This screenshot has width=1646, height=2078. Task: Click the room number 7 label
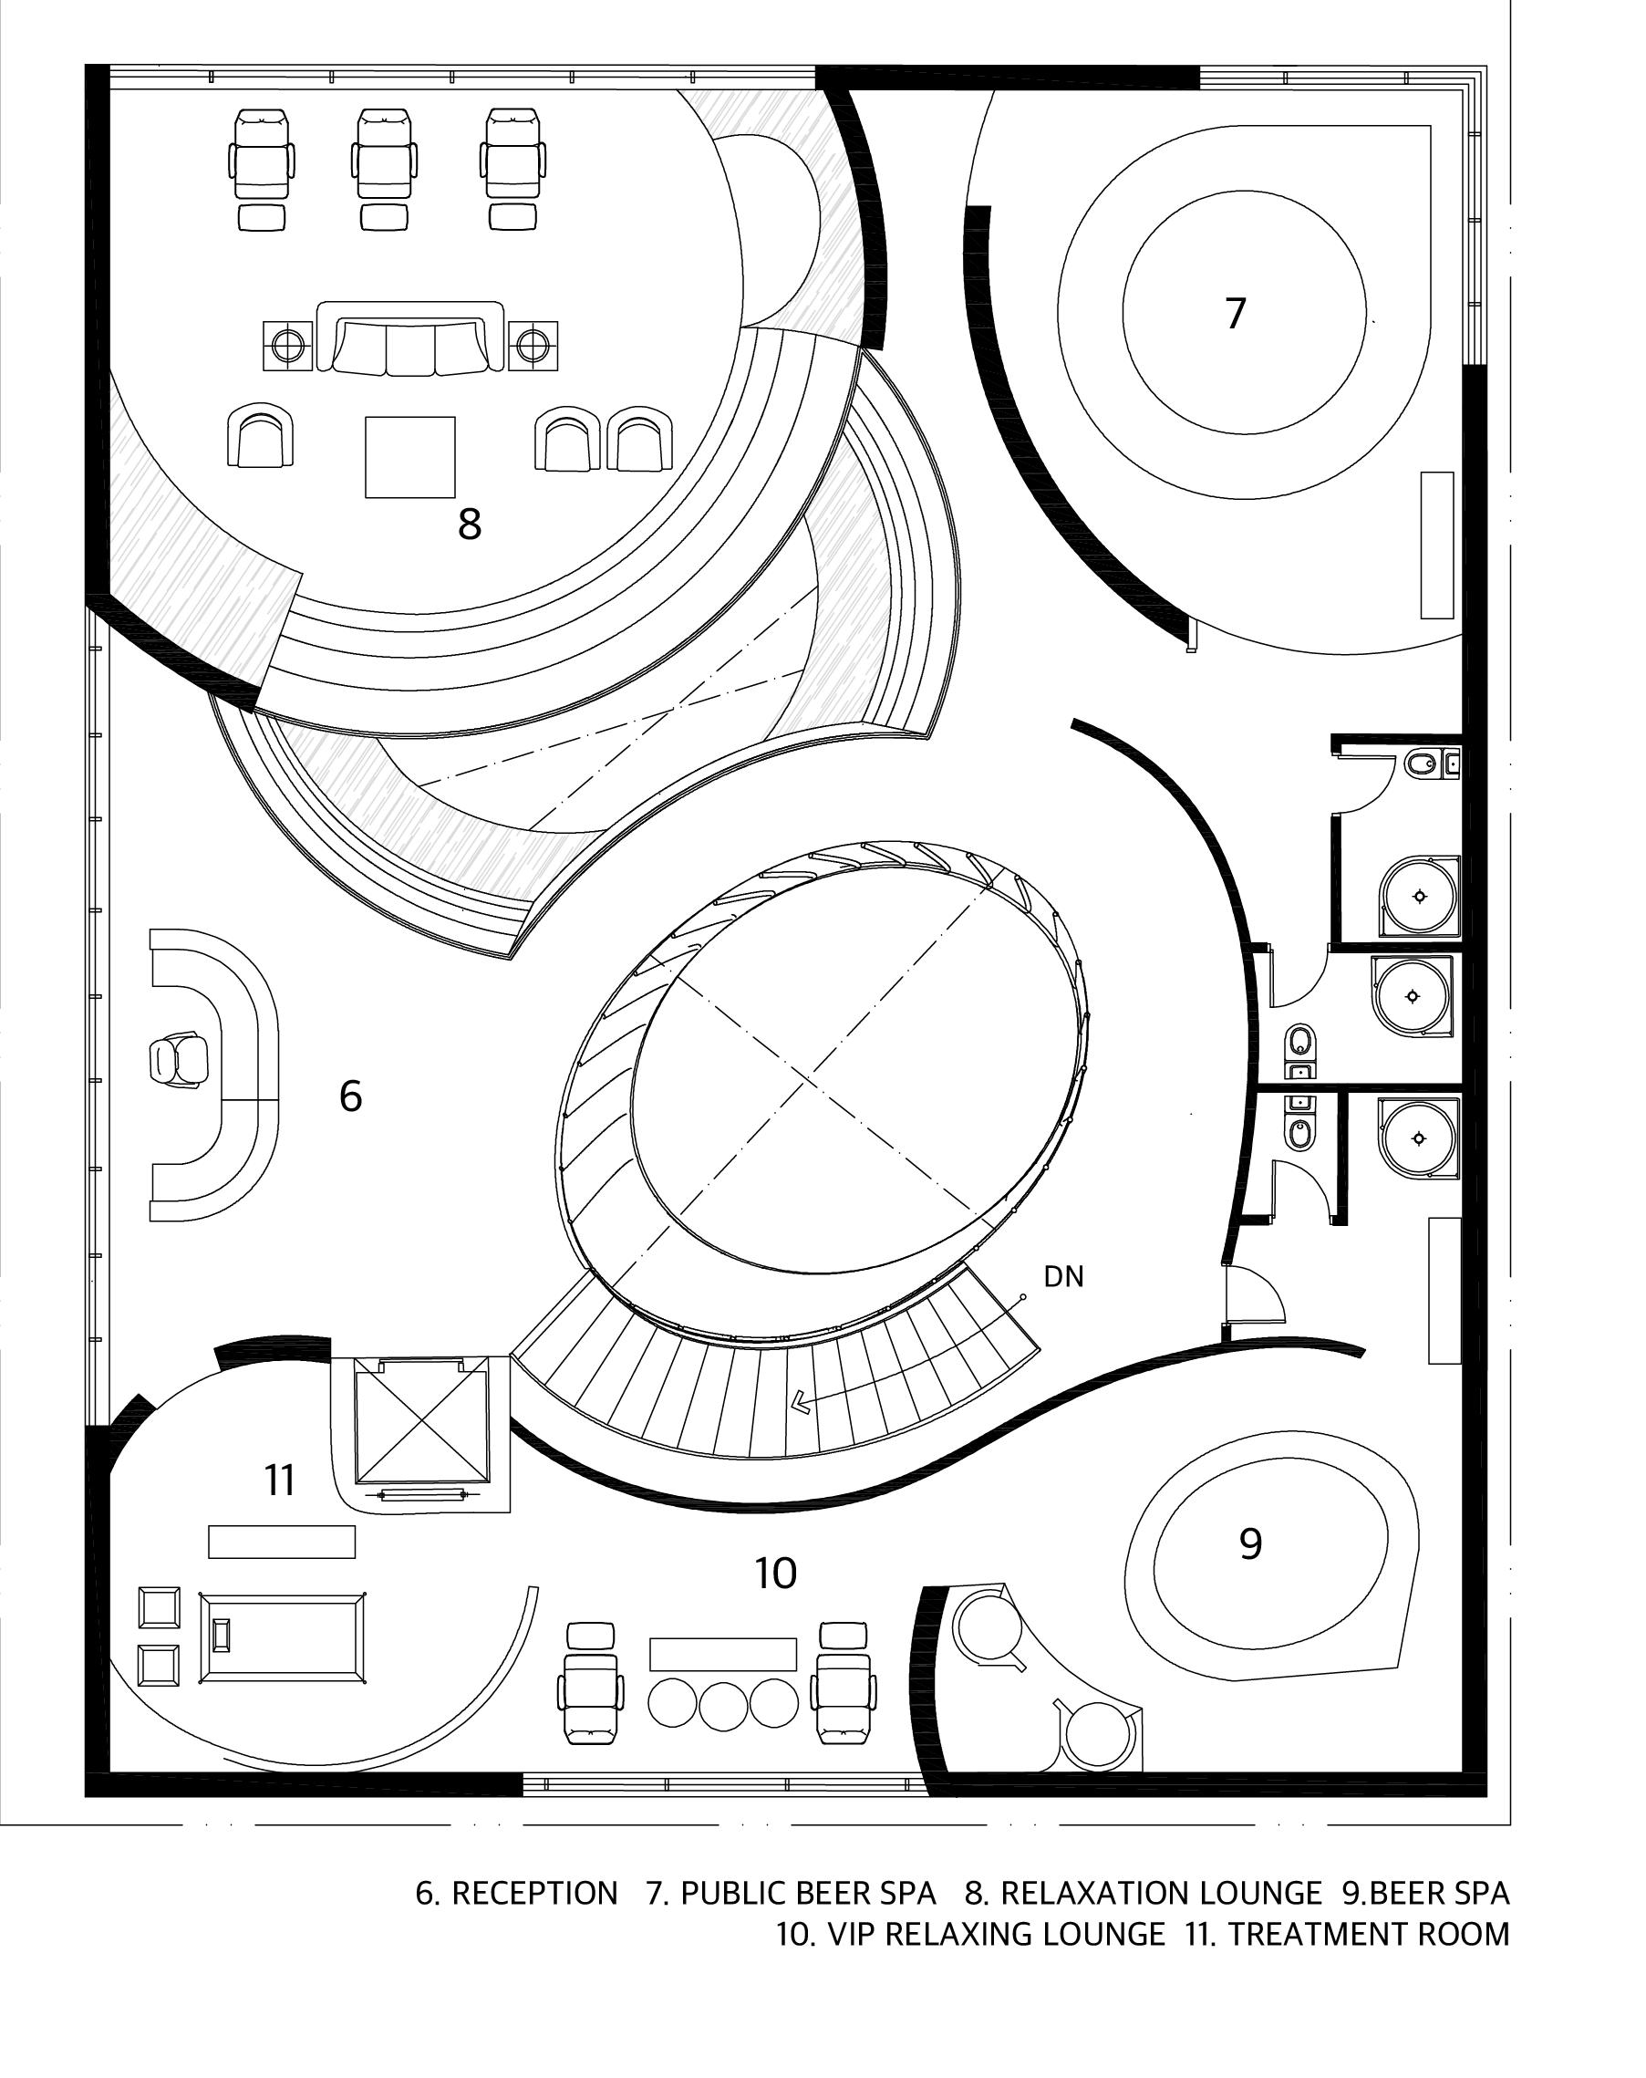point(1236,314)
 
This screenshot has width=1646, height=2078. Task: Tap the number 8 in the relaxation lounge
point(470,525)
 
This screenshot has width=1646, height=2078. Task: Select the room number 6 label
point(351,1096)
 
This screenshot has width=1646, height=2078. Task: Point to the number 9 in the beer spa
point(1250,1544)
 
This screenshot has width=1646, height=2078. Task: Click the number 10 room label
point(775,1574)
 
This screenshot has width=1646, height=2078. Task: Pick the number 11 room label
point(279,1481)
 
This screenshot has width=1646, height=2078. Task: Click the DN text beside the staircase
point(1064,1277)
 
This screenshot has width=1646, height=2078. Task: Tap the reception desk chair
point(179,1061)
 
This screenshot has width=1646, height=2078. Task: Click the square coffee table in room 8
point(409,457)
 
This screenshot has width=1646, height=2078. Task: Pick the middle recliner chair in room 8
point(386,154)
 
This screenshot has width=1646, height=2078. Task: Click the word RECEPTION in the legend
point(533,1893)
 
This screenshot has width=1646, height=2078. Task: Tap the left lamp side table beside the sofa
point(287,344)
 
